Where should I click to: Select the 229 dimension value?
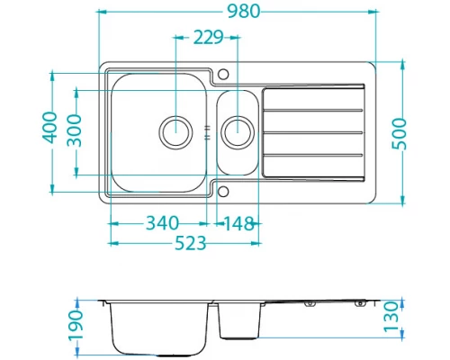[x=207, y=37]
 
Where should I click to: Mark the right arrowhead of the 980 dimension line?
[x=371, y=13]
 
